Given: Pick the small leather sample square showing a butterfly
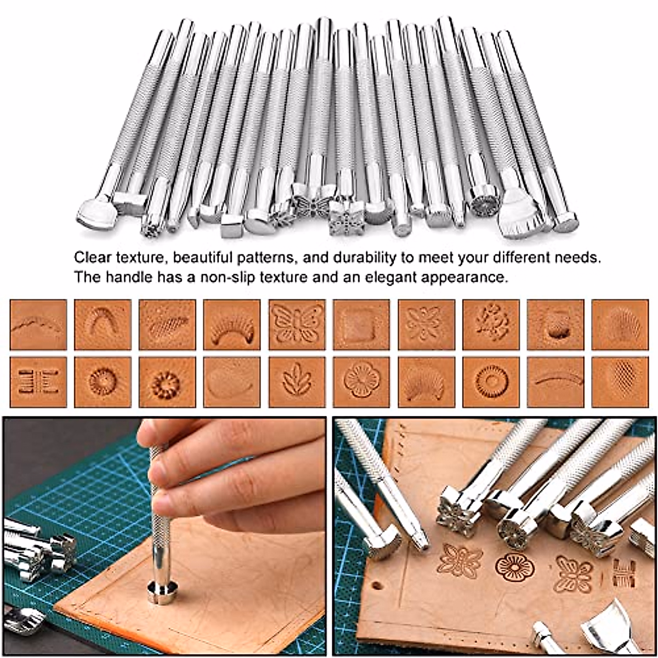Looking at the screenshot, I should click(x=297, y=324).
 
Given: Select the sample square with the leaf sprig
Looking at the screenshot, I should click(x=297, y=382).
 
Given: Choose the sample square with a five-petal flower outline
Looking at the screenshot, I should click(x=361, y=382).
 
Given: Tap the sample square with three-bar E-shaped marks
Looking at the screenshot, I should click(x=38, y=382).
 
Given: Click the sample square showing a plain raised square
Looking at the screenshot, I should click(x=361, y=324).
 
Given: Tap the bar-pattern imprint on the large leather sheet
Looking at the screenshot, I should click(x=623, y=573).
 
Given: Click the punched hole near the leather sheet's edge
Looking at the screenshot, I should click(x=377, y=585).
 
